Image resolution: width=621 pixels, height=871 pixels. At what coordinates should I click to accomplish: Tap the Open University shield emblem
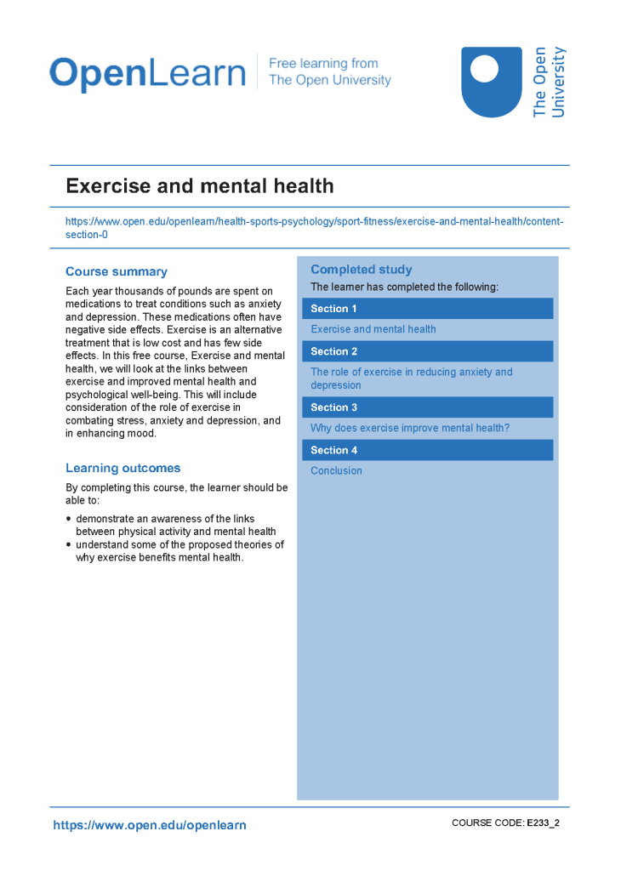[491, 82]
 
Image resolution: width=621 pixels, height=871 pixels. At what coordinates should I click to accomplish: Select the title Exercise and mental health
[200, 186]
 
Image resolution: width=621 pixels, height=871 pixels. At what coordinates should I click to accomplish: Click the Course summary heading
[117, 272]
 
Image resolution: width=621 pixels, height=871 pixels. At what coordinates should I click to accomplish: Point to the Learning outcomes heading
[123, 469]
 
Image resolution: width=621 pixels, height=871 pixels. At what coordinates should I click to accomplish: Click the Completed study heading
[362, 270]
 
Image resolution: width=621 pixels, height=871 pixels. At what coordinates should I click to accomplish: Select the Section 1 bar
[427, 309]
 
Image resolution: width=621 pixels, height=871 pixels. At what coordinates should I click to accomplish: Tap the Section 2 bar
[427, 351]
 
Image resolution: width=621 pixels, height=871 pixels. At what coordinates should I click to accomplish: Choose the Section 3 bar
[427, 407]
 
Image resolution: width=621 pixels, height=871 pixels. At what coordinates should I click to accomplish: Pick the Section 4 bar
[427, 450]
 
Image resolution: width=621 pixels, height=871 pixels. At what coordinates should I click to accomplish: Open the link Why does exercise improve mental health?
[410, 428]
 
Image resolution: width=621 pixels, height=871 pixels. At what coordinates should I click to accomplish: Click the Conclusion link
[336, 470]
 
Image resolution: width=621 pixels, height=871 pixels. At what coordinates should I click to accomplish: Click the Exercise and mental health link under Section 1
[373, 329]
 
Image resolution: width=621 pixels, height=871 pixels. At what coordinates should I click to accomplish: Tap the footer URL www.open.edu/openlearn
[150, 825]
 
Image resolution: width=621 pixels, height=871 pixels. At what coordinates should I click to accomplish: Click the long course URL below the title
[314, 222]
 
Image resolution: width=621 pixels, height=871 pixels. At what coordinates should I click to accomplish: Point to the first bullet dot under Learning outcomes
[69, 519]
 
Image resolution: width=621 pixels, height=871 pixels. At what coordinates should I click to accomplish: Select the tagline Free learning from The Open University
[330, 72]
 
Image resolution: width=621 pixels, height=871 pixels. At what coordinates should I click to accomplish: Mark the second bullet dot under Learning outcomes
[69, 544]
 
